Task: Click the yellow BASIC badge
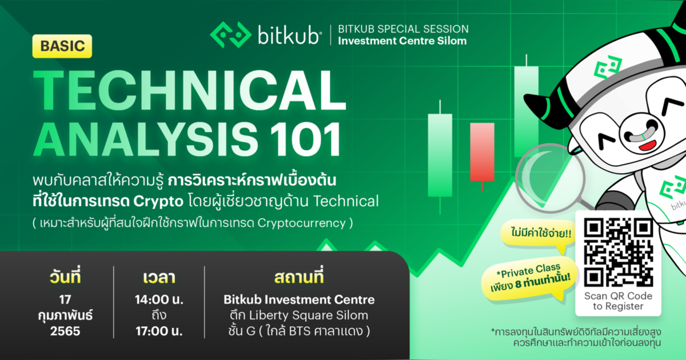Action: tap(62, 46)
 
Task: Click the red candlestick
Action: tap(481, 151)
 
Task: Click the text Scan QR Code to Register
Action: tap(618, 301)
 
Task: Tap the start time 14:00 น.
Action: tap(158, 299)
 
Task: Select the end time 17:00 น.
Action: tap(158, 330)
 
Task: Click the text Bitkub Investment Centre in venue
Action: tap(299, 299)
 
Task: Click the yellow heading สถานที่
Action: tap(299, 279)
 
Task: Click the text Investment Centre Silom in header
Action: tap(402, 41)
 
